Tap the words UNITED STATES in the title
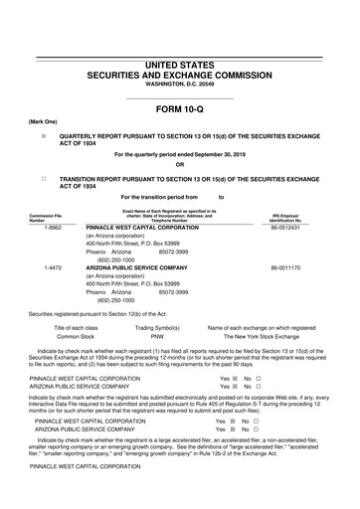(x=180, y=64)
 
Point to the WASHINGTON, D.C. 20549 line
(x=180, y=85)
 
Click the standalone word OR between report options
(x=180, y=165)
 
